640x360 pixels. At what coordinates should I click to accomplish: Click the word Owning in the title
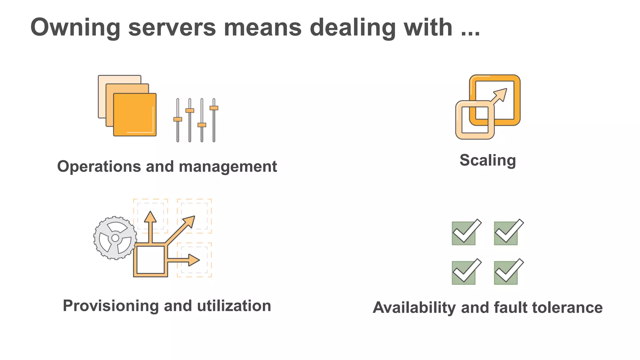(75, 27)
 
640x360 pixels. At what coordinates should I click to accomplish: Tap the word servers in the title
(172, 27)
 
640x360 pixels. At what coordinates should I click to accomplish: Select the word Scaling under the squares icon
(487, 161)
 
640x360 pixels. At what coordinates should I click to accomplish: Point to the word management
(228, 167)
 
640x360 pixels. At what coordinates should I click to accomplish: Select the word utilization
(234, 306)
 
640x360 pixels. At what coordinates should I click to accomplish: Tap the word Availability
(414, 307)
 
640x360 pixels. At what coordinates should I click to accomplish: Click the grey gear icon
(115, 238)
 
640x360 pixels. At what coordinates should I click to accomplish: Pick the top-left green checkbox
(464, 233)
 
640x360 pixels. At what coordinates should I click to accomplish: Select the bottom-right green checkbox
(506, 272)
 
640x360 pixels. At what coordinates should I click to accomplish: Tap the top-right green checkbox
(506, 233)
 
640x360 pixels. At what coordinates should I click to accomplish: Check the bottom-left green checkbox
(464, 272)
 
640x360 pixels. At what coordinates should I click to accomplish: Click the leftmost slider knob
(178, 119)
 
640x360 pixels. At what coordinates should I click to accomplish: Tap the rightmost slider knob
(214, 108)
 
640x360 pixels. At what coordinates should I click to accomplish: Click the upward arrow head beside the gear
(150, 217)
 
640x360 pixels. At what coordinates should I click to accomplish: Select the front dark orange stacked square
(135, 114)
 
